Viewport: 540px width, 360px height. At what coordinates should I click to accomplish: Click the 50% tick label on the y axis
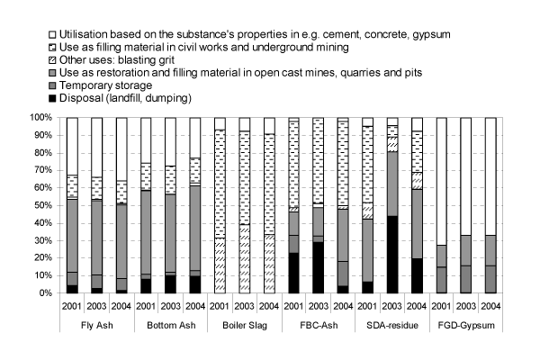point(43,205)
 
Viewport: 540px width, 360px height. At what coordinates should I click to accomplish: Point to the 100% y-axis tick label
point(40,117)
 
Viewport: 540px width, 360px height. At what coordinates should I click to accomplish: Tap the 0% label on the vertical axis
point(45,293)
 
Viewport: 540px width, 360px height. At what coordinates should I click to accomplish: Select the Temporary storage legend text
point(108,86)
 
